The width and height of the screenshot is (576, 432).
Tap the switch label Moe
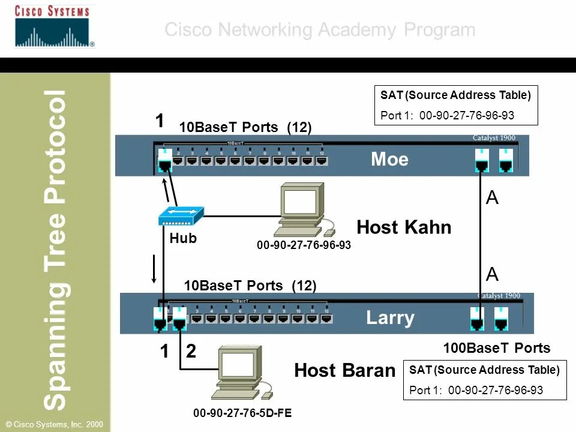[389, 159]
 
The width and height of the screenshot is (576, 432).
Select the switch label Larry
[390, 317]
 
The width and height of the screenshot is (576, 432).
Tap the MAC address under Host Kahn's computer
[304, 245]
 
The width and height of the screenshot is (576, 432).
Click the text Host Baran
[344, 370]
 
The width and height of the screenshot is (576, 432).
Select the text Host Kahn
[403, 227]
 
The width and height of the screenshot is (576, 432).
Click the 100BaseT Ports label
[496, 348]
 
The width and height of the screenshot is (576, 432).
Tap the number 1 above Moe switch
[160, 121]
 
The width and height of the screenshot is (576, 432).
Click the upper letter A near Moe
[492, 199]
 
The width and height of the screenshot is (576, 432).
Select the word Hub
[183, 238]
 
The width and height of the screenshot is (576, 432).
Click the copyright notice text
[52, 424]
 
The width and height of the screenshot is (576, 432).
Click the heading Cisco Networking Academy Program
[320, 29]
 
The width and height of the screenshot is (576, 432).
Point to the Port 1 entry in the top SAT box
[447, 115]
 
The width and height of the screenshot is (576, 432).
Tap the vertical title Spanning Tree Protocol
[56, 249]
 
